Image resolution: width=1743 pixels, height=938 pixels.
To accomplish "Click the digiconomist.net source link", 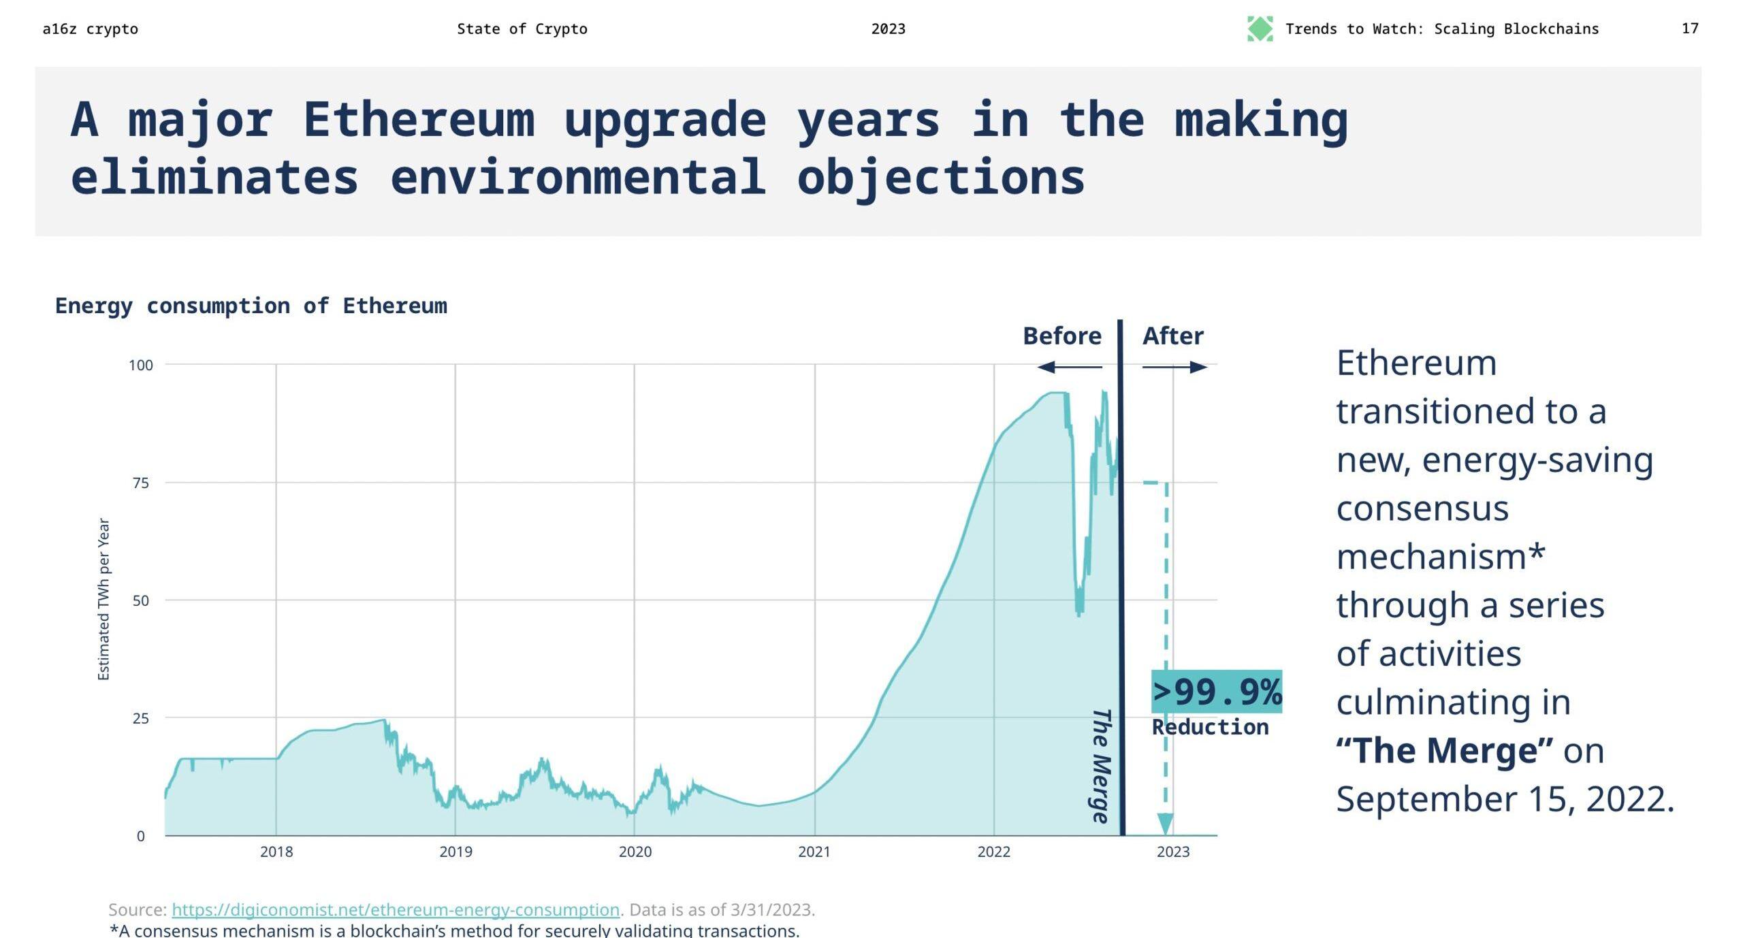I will pos(395,909).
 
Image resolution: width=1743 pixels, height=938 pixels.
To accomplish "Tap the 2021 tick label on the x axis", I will pos(814,852).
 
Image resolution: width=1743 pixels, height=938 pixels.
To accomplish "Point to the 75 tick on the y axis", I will pos(140,483).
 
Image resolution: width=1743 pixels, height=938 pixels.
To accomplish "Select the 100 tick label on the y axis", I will pos(141,366).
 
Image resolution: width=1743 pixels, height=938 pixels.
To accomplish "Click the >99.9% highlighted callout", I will pos(1217,692).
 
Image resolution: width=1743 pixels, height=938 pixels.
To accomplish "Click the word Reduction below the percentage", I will pos(1210,727).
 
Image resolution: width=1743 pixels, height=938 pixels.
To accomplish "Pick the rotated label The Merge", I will pos(1101,766).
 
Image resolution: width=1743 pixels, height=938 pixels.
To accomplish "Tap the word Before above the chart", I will pos(1061,336).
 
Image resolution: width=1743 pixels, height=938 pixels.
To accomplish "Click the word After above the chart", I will pos(1172,336).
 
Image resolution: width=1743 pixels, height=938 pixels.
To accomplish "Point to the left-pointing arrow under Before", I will pos(1069,368).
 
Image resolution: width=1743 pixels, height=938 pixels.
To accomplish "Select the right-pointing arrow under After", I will pos(1174,368).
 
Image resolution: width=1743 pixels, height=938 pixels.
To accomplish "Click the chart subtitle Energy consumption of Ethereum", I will pos(251,306).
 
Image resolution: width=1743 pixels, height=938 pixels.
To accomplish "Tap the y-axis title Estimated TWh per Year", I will pos(103,599).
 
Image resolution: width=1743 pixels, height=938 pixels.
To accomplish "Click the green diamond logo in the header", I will pos(1260,29).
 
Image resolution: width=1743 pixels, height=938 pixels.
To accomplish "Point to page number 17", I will pos(1690,29).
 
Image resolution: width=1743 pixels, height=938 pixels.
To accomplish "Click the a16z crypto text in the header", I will pos(90,29).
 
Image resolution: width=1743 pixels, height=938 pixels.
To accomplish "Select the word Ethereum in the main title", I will pos(419,120).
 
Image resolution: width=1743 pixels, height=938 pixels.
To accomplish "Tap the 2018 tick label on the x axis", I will pos(276,852).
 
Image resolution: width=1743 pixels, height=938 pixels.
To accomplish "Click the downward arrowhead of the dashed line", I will pos(1165,823).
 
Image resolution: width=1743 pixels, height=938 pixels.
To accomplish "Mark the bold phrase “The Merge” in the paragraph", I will pos(1444,751).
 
